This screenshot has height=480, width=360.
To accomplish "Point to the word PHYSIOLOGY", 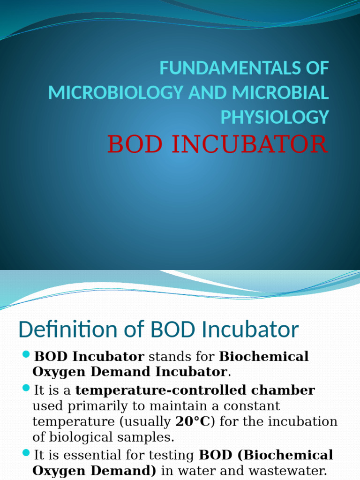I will coord(275,117).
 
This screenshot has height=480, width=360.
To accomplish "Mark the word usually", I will coord(145,421).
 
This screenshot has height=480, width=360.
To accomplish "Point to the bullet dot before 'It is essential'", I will coord(26,453).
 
